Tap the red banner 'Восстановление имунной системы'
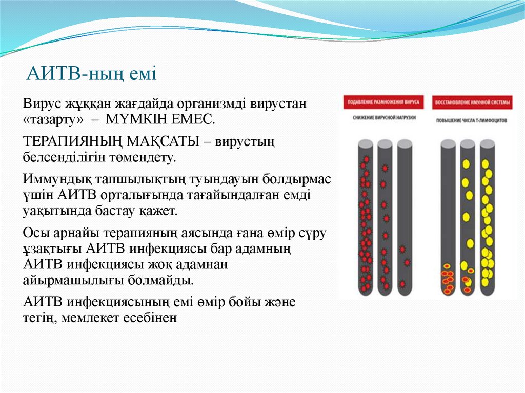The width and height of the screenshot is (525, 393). (x=472, y=102)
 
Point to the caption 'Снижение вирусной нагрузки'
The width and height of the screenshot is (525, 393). (x=384, y=118)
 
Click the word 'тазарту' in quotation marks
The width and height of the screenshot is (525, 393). (x=53, y=120)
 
